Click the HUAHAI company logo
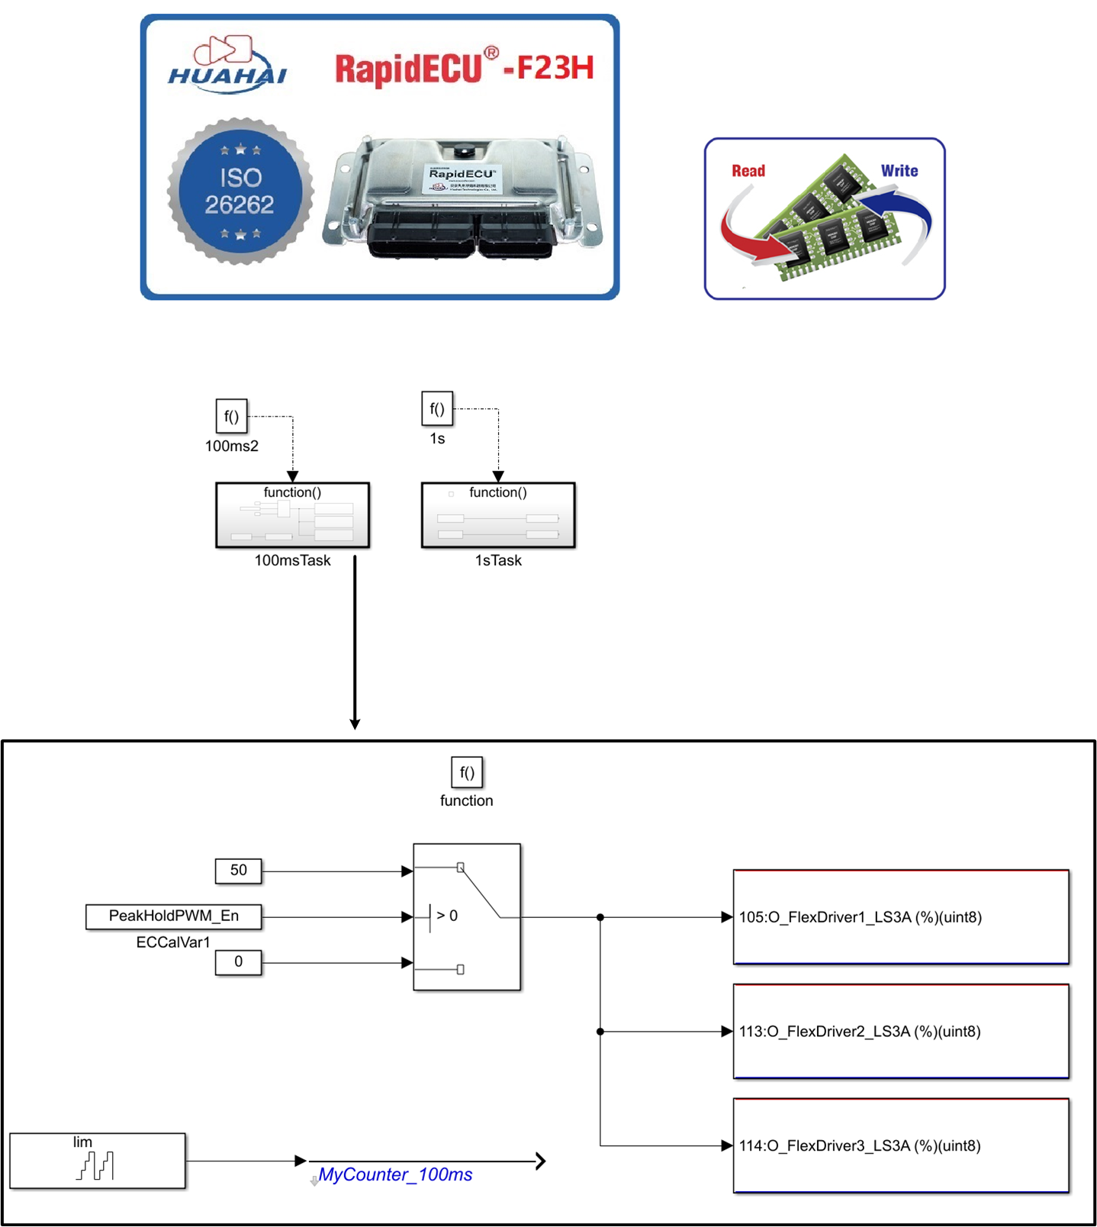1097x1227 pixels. point(227,66)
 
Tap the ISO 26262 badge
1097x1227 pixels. point(240,192)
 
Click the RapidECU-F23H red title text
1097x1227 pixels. point(464,68)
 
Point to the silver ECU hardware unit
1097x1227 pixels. point(462,198)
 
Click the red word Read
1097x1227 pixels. point(748,171)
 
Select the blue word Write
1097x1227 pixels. point(899,171)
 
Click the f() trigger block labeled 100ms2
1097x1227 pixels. point(231,417)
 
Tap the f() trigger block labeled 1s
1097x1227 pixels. point(437,409)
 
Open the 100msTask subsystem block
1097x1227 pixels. point(292,515)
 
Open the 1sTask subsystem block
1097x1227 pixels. point(498,515)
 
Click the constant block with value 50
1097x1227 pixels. point(238,871)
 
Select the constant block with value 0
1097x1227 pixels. point(238,962)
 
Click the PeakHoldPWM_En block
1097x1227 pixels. point(173,916)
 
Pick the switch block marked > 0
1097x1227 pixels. point(466,916)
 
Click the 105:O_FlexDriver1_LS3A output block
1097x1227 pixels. point(900,917)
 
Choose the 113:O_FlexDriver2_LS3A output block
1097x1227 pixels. point(900,1032)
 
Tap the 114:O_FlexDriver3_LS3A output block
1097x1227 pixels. point(900,1145)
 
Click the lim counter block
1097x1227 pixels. point(97,1161)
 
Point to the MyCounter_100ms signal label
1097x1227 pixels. point(395,1175)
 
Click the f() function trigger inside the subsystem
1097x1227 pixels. point(467,772)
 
